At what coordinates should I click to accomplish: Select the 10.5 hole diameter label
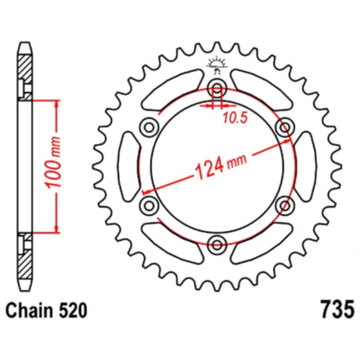pos(233,118)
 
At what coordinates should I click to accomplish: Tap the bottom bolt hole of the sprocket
pos(217,244)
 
